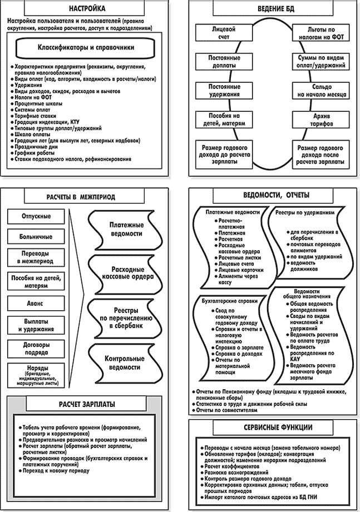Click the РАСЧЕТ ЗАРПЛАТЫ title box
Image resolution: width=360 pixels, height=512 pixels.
coord(88,405)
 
